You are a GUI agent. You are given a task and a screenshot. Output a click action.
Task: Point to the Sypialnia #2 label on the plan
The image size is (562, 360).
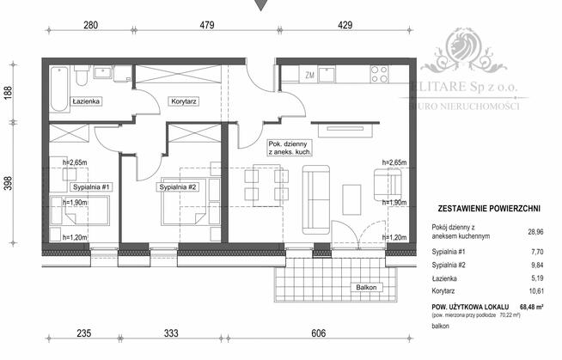[x=180, y=186]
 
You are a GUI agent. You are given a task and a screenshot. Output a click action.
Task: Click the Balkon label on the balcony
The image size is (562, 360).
[x=365, y=288]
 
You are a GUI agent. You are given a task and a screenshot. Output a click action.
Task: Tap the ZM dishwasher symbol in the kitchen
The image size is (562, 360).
[x=310, y=76]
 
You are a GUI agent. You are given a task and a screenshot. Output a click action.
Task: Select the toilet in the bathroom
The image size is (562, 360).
[x=79, y=78]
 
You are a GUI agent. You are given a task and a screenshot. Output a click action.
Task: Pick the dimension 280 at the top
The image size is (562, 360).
[x=90, y=27]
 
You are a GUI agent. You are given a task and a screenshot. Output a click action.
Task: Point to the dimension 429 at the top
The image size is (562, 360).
[x=344, y=27]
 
